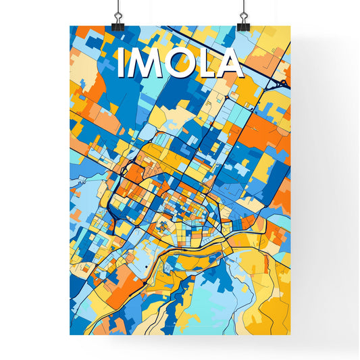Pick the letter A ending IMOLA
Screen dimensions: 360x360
pos(230,64)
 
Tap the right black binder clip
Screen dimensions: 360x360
pos(243,24)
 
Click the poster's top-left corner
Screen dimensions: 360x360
pos(70,26)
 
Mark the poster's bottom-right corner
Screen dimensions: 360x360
pos(290,334)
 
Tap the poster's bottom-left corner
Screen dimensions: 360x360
pos(70,334)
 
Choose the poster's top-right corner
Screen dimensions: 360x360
pos(290,26)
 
